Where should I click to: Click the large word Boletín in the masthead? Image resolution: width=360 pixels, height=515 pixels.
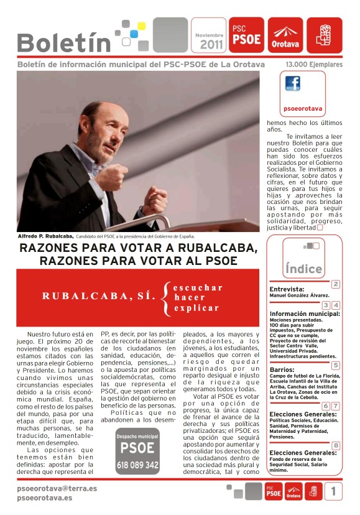pos(63,42)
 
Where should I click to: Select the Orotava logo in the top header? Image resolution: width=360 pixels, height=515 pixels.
pos(284,36)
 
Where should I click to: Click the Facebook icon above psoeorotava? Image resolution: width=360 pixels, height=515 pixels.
pos(292,85)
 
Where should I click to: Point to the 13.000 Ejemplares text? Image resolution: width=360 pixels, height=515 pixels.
pos(313,64)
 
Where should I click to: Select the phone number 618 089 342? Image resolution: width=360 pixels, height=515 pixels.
pos(137,464)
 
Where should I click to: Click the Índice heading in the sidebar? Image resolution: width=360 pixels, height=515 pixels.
pos(303,269)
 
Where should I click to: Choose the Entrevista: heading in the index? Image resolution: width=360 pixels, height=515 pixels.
pos(287,289)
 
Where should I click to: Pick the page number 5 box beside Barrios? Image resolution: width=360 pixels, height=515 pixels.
pos(336,365)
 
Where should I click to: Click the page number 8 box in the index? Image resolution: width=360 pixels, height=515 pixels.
pos(336,445)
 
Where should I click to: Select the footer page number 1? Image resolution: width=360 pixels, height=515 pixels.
pos(333,491)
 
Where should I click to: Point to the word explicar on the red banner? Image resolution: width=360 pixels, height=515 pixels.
pos(196,307)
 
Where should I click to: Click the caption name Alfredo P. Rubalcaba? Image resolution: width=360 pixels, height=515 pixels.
pos(46,236)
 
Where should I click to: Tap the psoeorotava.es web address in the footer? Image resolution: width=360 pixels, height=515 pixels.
pos(45,498)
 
